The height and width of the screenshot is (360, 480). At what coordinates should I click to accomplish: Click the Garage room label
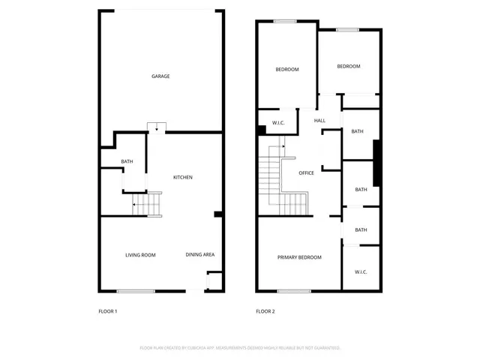click(160, 76)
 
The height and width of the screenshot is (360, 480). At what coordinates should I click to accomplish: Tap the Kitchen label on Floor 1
click(183, 177)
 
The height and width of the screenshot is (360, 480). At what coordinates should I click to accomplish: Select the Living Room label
click(140, 255)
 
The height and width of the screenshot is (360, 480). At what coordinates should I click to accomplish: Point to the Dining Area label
click(200, 255)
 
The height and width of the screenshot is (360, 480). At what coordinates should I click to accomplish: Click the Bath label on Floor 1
click(127, 162)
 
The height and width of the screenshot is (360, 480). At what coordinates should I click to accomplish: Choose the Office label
click(306, 173)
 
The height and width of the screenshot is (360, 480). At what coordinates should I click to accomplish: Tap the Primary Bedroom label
click(299, 257)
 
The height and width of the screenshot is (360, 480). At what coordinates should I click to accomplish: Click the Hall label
click(319, 121)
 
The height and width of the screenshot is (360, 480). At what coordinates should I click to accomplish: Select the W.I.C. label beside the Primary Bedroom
click(361, 271)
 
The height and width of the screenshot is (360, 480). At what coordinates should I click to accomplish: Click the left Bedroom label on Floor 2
click(286, 70)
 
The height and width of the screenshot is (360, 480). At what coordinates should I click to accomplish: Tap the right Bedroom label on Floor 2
click(348, 67)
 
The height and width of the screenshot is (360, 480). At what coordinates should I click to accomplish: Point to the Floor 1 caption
click(108, 311)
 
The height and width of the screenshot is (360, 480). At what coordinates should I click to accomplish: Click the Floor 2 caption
click(265, 311)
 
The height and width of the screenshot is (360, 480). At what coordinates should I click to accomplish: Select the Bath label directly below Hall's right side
click(357, 131)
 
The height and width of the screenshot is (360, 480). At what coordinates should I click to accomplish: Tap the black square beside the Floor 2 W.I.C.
click(261, 130)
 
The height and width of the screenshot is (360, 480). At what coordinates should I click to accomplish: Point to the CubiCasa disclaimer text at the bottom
click(240, 348)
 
